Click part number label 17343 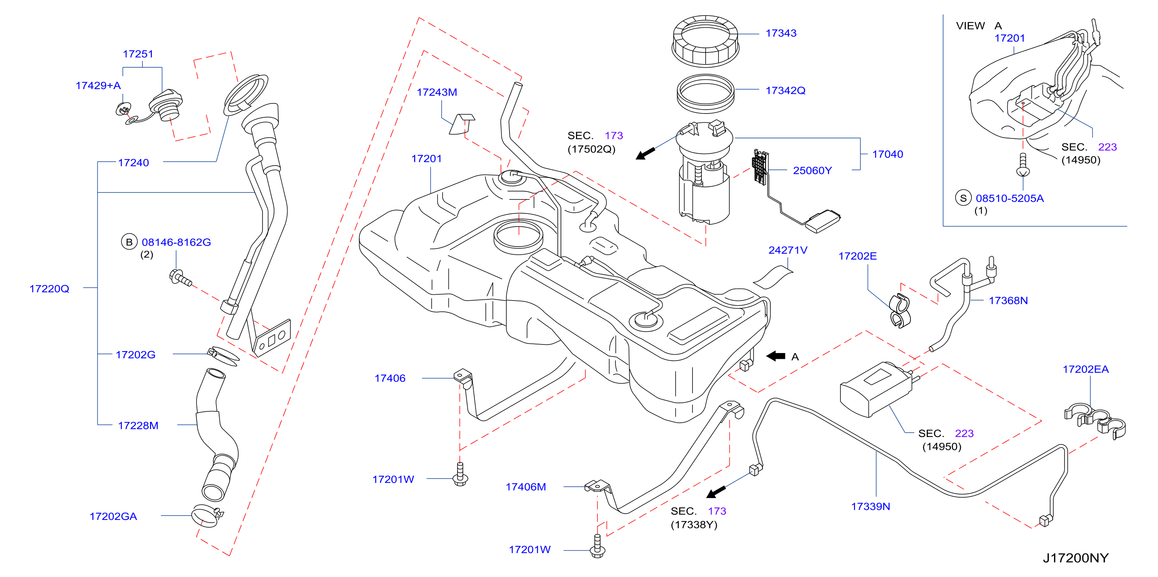pos(781,33)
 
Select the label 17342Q pos(785,91)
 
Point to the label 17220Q pos(49,289)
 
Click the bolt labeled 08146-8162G pos(181,278)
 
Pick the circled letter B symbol pos(129,242)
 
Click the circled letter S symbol pos(963,198)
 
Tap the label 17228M pos(138,426)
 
